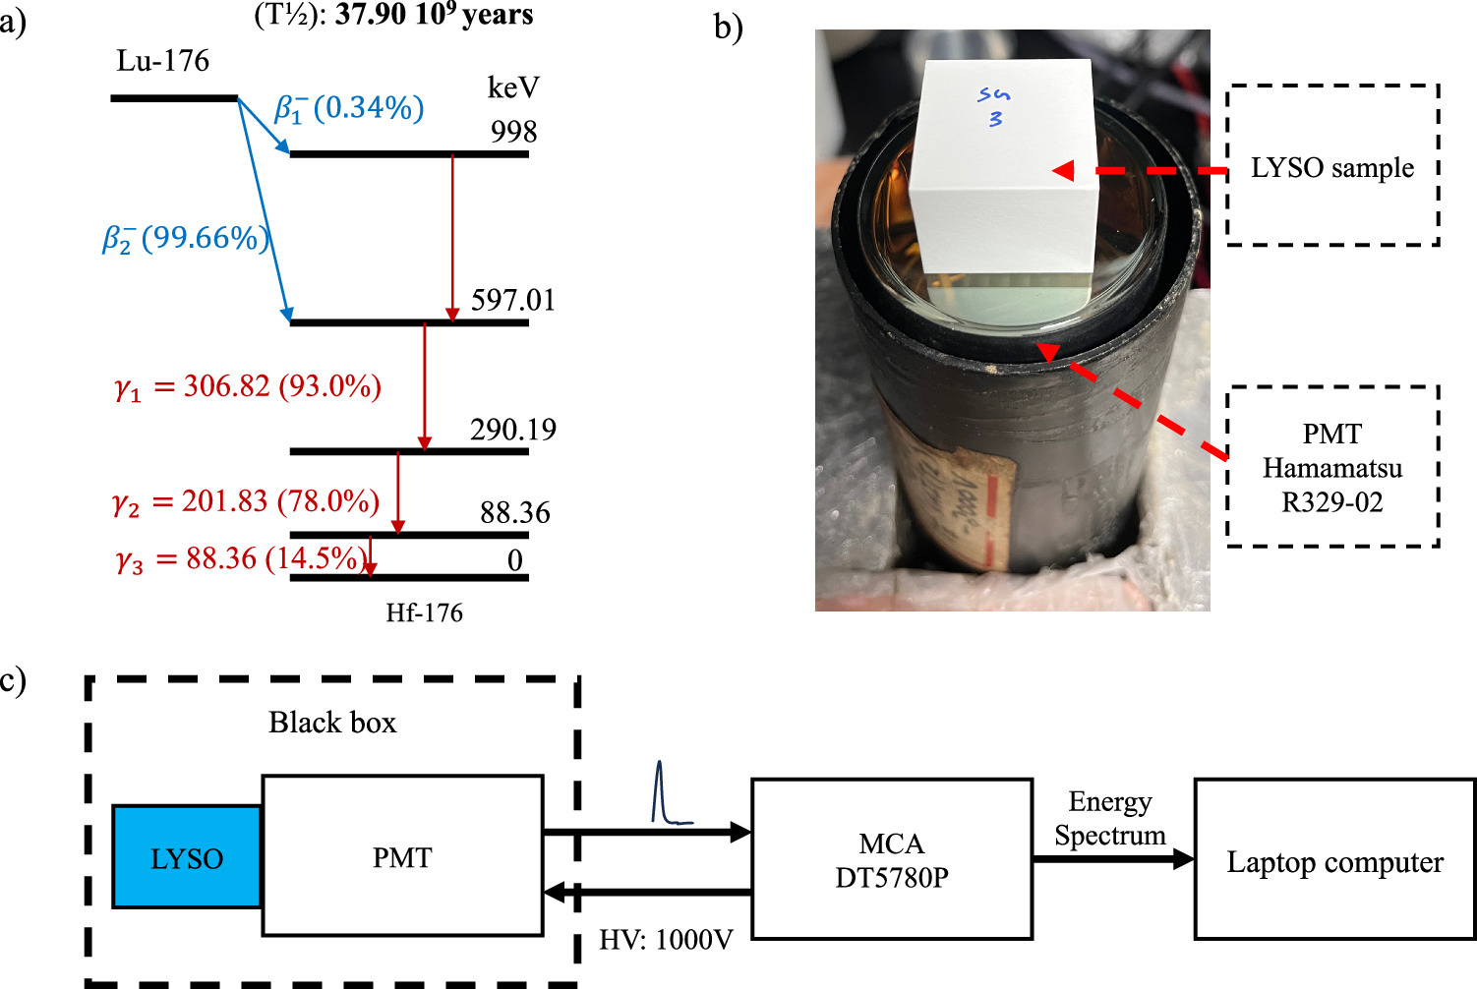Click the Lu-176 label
point(163,61)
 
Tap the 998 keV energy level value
point(513,132)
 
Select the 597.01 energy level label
point(512,300)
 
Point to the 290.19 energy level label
point(512,430)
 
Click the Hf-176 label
point(424,613)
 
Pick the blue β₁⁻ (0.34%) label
point(349,107)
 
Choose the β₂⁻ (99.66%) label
point(185,239)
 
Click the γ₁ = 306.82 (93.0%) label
point(248,386)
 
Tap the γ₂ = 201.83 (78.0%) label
point(246,502)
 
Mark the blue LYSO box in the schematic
point(187,856)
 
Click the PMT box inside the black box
point(402,856)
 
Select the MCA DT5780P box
point(891,859)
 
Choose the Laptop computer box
point(1334,861)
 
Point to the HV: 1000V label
point(666,940)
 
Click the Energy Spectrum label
point(1110,819)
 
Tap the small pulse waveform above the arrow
point(667,794)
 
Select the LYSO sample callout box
point(1332,166)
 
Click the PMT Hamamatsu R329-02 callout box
point(1332,467)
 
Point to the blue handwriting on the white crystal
point(994,106)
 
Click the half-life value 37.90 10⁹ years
point(434,15)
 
